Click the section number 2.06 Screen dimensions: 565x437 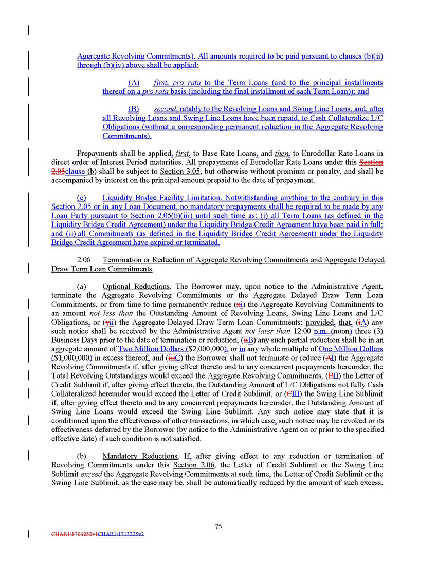coord(84,260)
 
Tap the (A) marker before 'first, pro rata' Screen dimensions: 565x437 coord(134,83)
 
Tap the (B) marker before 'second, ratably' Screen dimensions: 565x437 coord(134,109)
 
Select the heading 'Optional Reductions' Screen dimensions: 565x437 coord(136,286)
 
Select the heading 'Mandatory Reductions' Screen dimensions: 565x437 coord(139,456)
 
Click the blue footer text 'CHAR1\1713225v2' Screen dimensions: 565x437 coord(120,534)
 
